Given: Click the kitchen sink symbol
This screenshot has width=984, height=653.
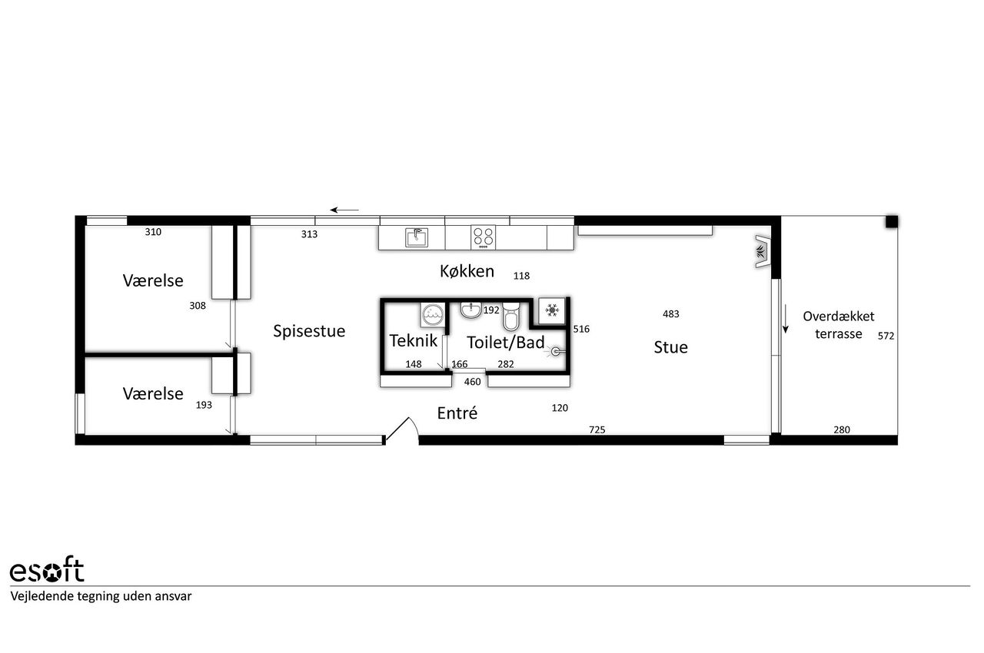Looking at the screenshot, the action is [x=416, y=237].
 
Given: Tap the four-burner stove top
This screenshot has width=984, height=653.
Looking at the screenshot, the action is [x=484, y=237].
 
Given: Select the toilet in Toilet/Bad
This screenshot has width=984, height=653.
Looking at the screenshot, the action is [x=511, y=317].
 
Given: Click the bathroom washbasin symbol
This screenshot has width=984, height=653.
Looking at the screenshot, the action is [x=471, y=310].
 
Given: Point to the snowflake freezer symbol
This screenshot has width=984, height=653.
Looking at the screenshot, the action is [x=552, y=310].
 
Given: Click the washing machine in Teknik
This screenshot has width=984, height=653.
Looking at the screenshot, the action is [x=433, y=315].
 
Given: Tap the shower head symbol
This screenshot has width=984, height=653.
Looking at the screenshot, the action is [x=555, y=352].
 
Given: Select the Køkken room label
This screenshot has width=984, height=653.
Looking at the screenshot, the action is [x=467, y=271].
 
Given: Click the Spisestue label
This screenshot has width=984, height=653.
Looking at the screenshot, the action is [x=309, y=331].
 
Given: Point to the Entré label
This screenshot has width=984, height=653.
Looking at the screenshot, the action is [x=457, y=413].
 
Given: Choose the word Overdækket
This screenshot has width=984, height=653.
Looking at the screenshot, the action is [x=839, y=316].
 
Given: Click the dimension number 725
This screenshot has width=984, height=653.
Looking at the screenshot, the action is [x=597, y=430].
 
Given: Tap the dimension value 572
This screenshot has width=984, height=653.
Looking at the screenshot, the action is [x=886, y=336].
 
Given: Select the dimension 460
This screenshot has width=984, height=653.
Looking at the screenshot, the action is [x=472, y=382].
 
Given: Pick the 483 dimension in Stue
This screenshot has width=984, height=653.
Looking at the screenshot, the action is [x=671, y=313].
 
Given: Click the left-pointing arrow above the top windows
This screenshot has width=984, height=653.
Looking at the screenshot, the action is [x=344, y=210].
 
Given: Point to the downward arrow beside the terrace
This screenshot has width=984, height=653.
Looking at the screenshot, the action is [x=786, y=319].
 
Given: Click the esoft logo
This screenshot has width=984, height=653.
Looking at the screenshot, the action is [x=47, y=570].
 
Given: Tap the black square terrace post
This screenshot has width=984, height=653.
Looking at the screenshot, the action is [x=891, y=221].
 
